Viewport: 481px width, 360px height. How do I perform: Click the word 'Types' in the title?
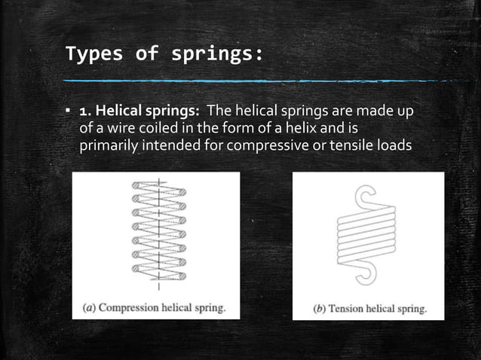(88, 54)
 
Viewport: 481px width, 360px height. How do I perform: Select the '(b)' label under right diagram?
(320, 308)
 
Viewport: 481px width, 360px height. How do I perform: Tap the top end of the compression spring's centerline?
(159, 179)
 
